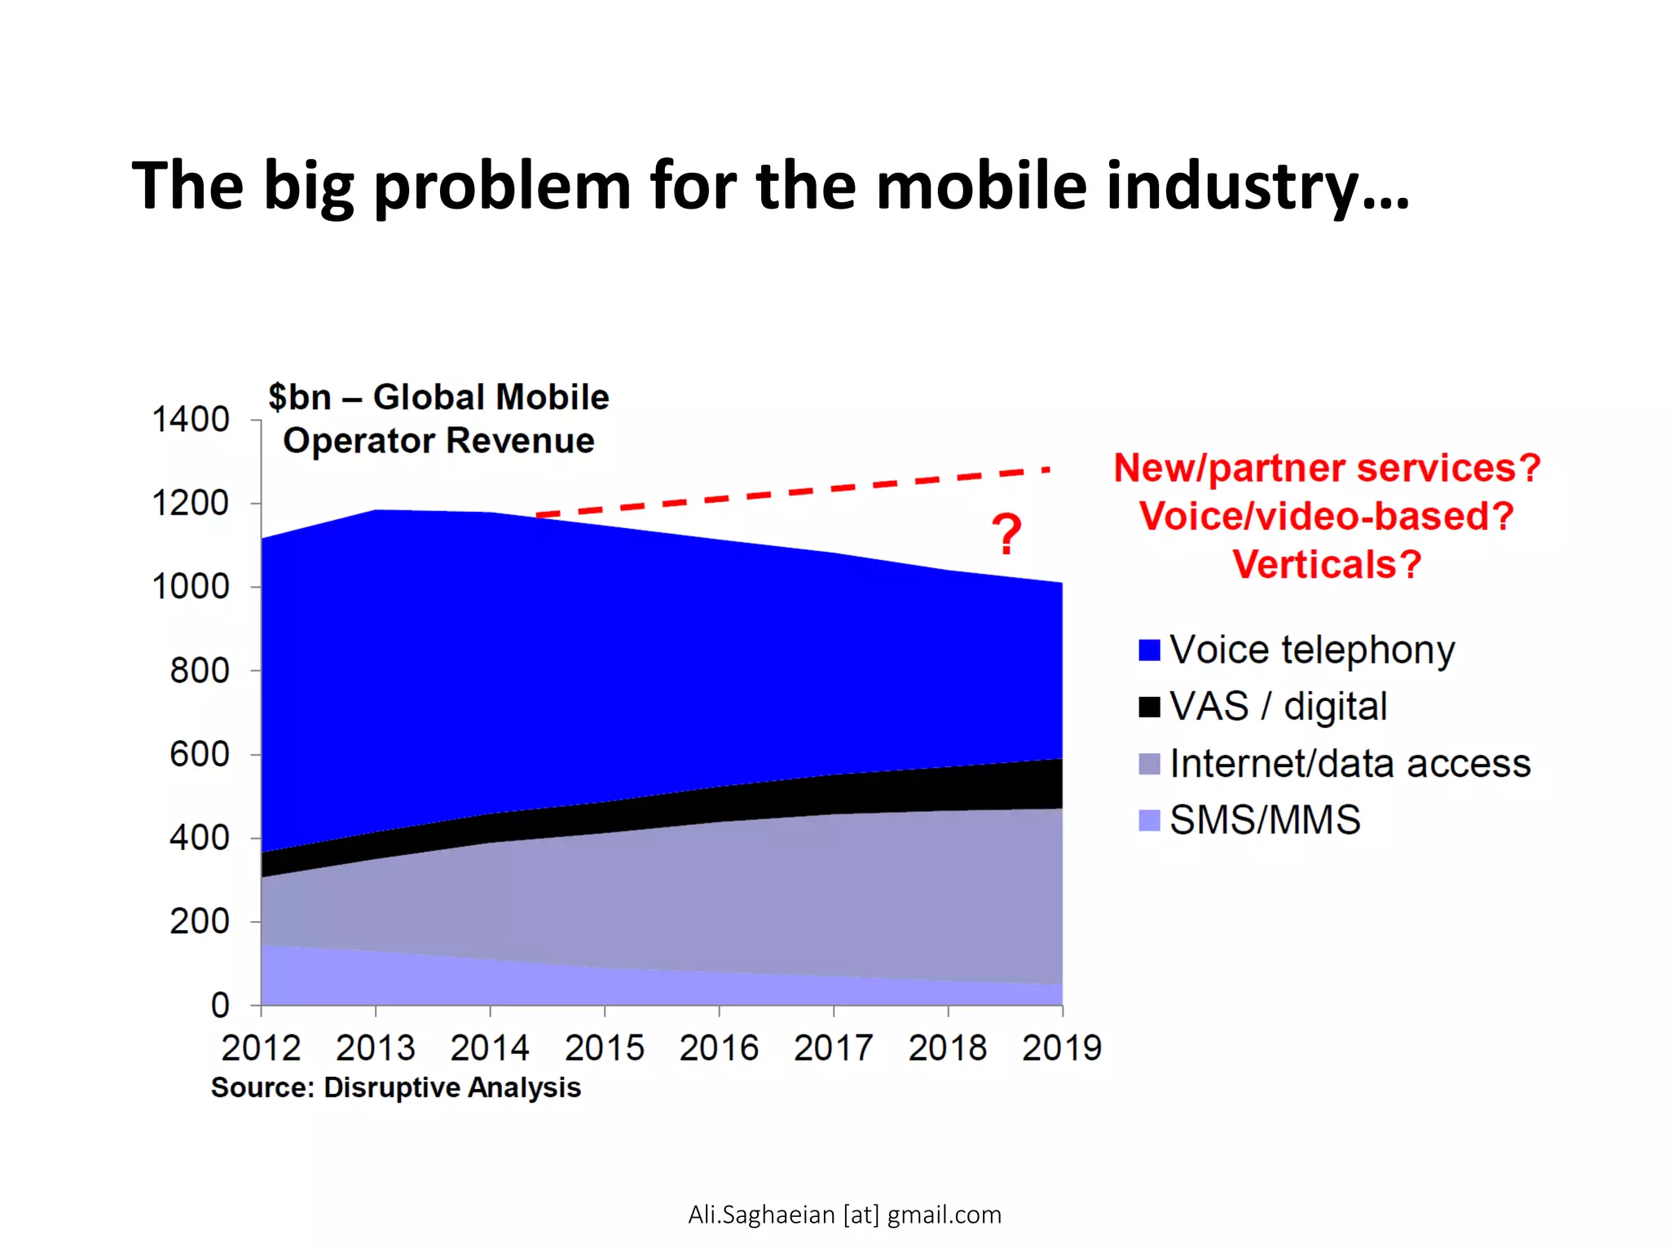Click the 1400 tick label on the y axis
point(191,420)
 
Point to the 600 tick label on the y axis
point(199,754)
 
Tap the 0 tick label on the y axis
point(220,1005)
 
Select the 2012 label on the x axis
point(261,1048)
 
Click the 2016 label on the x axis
point(719,1048)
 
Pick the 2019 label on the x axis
point(1062,1048)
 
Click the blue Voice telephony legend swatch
point(1149,650)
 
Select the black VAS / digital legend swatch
point(1149,707)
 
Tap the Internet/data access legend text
point(1350,764)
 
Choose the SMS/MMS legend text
point(1265,820)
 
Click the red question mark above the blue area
point(1007,535)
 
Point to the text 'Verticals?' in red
point(1327,564)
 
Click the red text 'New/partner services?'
point(1327,468)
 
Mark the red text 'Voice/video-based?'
point(1327,516)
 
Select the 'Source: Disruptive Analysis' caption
point(396,1087)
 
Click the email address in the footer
point(844,1215)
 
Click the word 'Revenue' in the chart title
point(520,441)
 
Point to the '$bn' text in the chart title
point(299,398)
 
